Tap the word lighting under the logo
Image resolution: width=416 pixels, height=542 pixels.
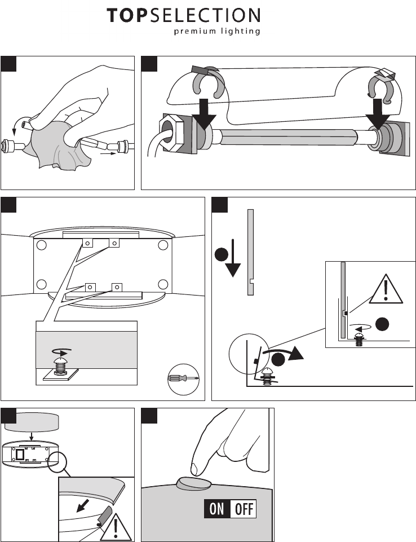tap(241, 31)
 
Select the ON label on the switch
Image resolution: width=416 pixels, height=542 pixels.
tap(217, 509)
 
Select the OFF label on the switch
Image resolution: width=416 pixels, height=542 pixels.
tap(244, 509)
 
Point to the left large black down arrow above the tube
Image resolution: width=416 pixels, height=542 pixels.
tap(204, 113)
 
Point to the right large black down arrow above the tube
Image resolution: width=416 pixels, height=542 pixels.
tap(378, 113)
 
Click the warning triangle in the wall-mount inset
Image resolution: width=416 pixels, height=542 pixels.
tap(386, 289)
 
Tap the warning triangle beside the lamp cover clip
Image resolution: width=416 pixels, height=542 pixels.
tap(116, 526)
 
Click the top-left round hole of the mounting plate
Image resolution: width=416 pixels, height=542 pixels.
tap(42, 245)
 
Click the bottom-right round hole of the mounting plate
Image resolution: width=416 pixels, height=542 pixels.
tap(163, 284)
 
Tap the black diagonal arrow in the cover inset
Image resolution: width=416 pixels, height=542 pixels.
tap(82, 505)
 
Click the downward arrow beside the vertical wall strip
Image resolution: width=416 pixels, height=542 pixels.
tap(233, 258)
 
